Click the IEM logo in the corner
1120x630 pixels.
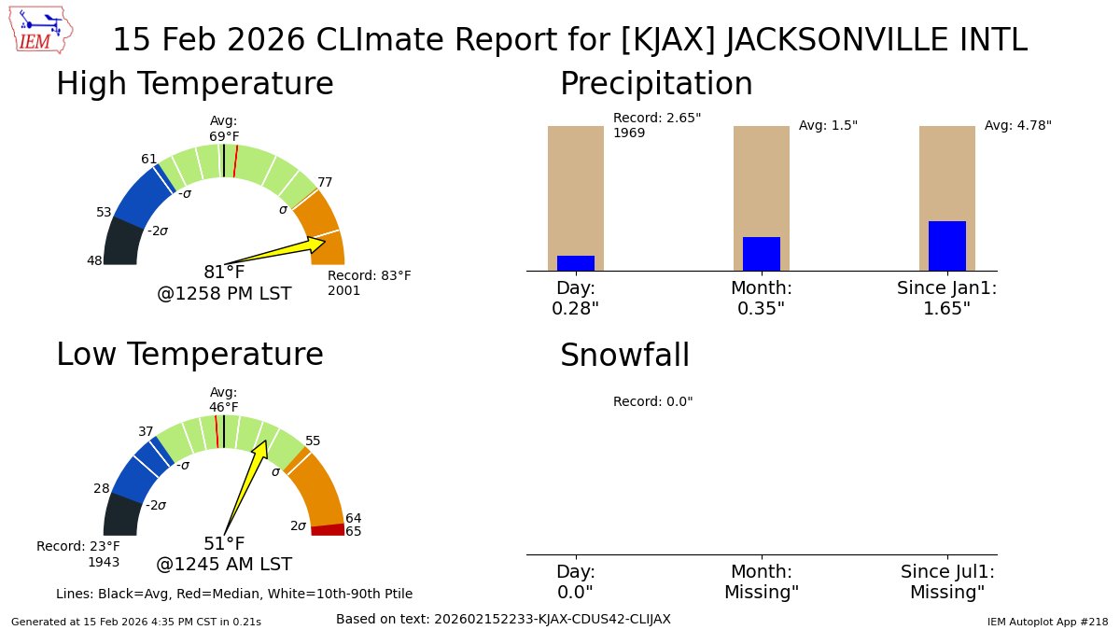[43, 32]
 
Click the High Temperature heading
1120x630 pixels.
[194, 84]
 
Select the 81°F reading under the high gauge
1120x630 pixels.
[224, 273]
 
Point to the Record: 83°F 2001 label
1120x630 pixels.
[369, 283]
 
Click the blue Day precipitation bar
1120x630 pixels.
[575, 263]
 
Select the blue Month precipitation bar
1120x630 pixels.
[761, 254]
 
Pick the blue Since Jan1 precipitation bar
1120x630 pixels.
[946, 245]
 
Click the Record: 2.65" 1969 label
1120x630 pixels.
[656, 125]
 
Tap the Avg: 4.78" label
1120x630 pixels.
[1017, 125]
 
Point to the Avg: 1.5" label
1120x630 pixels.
[828, 125]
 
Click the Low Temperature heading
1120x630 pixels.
[189, 355]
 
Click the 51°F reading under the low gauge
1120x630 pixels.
[224, 543]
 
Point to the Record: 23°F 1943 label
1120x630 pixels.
[78, 553]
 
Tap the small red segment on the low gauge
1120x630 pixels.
[328, 530]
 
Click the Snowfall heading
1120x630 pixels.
[624, 356]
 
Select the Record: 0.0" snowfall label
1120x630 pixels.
[652, 401]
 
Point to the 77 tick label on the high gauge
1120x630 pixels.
[325, 182]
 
